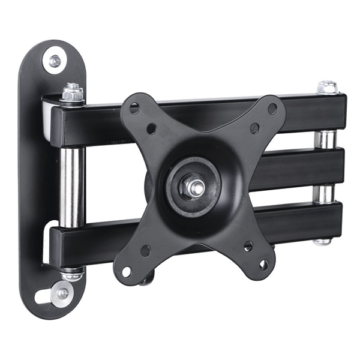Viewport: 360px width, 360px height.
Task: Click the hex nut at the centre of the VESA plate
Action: coord(194,186)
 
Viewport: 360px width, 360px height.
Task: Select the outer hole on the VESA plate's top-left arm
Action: coord(134,108)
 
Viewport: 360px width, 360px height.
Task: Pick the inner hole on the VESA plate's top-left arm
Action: coord(151,128)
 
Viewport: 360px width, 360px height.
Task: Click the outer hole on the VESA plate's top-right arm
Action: coord(272,109)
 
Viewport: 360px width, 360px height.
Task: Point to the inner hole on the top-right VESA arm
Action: coord(254,128)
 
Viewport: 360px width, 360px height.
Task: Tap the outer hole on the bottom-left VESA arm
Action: coord(127,271)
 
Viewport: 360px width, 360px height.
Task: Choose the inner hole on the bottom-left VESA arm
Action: coord(145,251)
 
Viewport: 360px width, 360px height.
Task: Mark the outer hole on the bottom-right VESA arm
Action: coord(263,264)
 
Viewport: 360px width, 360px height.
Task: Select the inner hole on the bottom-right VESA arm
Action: coord(248,246)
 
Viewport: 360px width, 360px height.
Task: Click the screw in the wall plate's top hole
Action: coord(55,61)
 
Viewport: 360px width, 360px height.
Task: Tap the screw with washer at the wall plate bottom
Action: coord(62,293)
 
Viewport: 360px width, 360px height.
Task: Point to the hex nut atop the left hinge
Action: coord(73,93)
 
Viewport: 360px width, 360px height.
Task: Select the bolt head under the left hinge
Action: coord(72,275)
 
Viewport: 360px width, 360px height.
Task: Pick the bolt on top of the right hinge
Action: coord(327,87)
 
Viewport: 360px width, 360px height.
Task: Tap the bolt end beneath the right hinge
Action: coord(323,241)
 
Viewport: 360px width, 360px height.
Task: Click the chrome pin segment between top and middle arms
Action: coord(325,139)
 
